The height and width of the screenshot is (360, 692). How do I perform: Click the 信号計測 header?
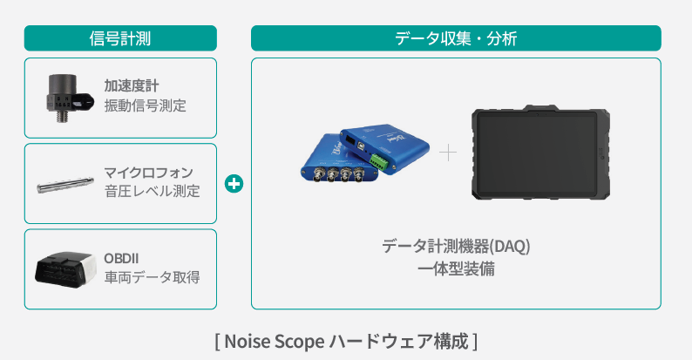coord(120,38)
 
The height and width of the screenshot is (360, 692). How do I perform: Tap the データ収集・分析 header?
coord(456,38)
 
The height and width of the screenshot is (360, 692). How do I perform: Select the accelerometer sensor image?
coord(70,98)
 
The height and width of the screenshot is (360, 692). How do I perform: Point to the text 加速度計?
coord(132,85)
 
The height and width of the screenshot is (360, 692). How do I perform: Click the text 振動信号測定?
coord(146,105)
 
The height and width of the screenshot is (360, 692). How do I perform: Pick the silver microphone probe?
coord(65,186)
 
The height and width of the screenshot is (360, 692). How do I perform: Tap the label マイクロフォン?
coord(149,172)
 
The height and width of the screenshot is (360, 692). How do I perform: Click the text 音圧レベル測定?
coord(152,191)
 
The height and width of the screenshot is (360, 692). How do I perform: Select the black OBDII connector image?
coord(65,269)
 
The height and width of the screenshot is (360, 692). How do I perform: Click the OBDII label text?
coord(121,259)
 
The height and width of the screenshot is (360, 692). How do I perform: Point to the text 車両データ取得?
coord(152,277)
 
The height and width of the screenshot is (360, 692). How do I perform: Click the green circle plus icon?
coord(234,184)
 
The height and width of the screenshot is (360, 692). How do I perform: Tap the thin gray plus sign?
coord(448,153)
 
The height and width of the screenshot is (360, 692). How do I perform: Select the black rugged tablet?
coord(540,153)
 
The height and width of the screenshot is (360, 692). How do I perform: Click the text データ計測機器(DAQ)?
coord(456,246)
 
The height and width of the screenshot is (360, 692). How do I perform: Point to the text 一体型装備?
coord(456,268)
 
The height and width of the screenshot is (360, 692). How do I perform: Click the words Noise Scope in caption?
coord(274,342)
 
